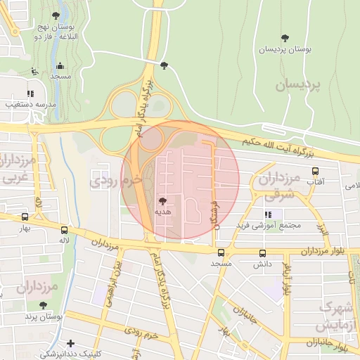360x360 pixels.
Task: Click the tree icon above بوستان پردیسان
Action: pyautogui.click(x=285, y=38)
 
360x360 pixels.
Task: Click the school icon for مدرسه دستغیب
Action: pyautogui.click(x=30, y=93)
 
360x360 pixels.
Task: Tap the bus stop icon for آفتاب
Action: pyautogui.click(x=314, y=171)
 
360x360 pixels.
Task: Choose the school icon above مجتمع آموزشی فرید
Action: pyautogui.click(x=268, y=214)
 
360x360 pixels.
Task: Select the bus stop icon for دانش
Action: pyautogui.click(x=263, y=252)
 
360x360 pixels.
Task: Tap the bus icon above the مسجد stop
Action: pyautogui.click(x=221, y=252)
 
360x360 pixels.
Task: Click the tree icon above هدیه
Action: pyautogui.click(x=164, y=201)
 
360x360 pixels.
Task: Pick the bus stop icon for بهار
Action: pyautogui.click(x=25, y=217)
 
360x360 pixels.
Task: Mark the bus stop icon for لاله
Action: pyautogui.click(x=65, y=229)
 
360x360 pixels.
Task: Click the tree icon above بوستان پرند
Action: pyautogui.click(x=44, y=306)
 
